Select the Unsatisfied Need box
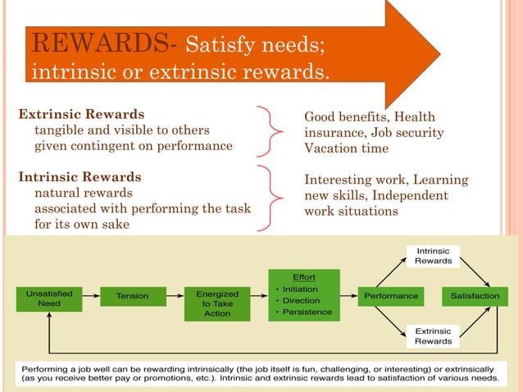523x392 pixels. click(49, 298)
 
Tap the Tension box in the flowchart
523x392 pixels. click(133, 296)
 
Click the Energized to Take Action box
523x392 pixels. click(217, 303)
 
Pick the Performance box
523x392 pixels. click(391, 295)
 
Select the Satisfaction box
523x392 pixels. click(475, 295)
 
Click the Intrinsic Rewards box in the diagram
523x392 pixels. click(433, 255)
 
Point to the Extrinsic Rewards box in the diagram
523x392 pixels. click(433, 335)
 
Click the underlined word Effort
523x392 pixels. click(303, 277)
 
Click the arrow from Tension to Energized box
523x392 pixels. click(175, 296)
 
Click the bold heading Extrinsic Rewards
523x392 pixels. click(81, 114)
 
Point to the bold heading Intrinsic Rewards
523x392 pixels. click(80, 176)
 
